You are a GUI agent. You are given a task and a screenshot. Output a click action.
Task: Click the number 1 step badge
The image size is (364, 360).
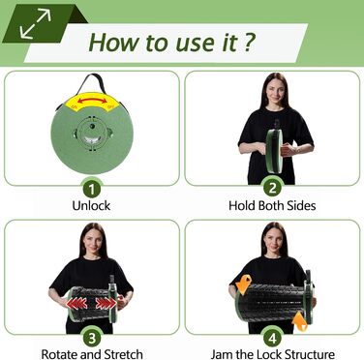92,189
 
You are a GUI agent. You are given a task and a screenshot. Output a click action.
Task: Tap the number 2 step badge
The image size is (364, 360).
273,188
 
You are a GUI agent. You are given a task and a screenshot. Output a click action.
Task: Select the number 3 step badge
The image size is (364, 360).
92,338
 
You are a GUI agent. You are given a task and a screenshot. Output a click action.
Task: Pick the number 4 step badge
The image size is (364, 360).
273,338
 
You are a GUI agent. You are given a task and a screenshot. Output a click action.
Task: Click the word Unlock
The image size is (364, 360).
91,206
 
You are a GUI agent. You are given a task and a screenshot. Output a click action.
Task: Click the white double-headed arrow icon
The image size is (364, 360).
35,23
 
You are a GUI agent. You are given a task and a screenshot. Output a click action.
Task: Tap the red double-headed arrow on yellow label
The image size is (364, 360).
92,101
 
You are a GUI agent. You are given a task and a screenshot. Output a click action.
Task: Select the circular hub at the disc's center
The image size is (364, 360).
92,133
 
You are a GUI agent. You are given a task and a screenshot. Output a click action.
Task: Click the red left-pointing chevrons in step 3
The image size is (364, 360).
76,304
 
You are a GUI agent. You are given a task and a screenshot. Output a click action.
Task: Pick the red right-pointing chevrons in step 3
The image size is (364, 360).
106,303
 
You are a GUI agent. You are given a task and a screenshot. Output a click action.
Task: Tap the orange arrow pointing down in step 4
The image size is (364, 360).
243,285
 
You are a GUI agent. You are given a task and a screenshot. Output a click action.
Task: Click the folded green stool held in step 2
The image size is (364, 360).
274,151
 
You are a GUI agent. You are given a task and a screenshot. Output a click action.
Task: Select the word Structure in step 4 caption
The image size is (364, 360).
310,354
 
